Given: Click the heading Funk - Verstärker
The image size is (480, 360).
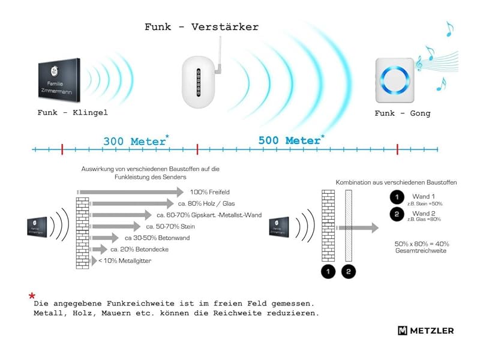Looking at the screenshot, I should click(x=202, y=27).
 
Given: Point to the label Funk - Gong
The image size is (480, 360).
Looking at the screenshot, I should click(x=403, y=113).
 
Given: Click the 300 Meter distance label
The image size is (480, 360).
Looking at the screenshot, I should click(x=134, y=142).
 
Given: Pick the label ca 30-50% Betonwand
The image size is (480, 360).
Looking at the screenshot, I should click(x=154, y=238).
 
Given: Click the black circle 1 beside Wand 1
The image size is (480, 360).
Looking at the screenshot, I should click(x=396, y=197).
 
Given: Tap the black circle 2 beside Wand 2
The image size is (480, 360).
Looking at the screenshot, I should click(x=396, y=215).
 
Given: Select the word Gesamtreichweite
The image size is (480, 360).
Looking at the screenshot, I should click(x=421, y=251).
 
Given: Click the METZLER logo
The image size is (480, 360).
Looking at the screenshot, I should click(x=425, y=331).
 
